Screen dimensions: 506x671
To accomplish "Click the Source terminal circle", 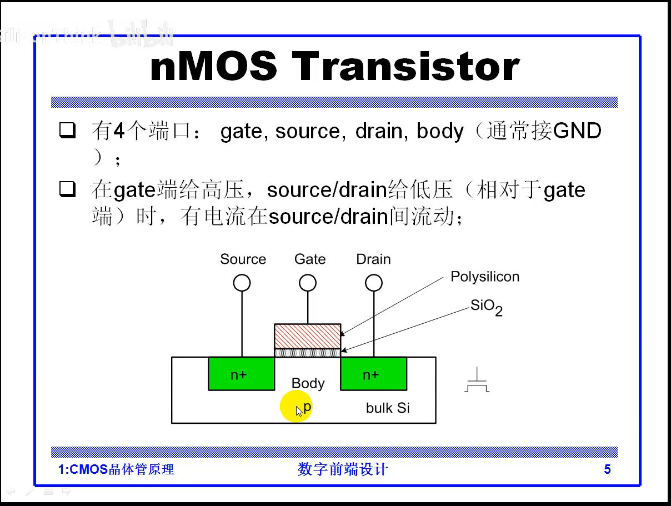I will [242, 283].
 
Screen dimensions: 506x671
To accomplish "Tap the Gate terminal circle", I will [308, 283].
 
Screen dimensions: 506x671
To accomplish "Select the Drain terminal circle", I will [374, 283].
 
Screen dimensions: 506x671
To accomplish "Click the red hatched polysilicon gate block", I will [307, 336].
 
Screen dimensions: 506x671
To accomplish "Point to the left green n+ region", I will [241, 374].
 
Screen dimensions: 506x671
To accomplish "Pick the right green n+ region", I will [373, 374].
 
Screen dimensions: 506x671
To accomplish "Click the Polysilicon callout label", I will [484, 277].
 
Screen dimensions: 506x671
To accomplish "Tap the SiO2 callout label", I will [486, 307].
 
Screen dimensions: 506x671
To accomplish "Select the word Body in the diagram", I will [308, 383].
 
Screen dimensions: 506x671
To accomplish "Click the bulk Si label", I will [388, 408].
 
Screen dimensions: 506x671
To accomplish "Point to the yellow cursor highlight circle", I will [296, 406].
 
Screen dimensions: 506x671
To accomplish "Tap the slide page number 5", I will [607, 470].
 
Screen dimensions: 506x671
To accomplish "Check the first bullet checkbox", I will [67, 131].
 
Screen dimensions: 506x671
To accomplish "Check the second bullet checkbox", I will [67, 190].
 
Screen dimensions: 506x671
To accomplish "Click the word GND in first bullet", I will [578, 131].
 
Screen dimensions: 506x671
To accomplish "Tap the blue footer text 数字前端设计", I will [343, 470].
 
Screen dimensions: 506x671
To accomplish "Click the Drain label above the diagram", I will [373, 259].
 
